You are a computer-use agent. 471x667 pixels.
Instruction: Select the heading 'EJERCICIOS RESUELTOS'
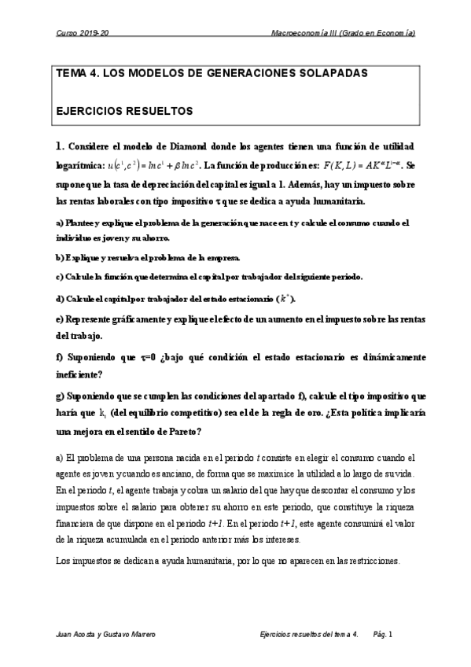pyautogui.click(x=124, y=112)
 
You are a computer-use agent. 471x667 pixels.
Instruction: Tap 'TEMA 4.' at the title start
pyautogui.click(x=78, y=72)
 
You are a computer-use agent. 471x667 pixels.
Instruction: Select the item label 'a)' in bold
pyautogui.click(x=60, y=223)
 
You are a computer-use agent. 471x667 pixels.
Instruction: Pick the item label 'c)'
pyautogui.click(x=60, y=277)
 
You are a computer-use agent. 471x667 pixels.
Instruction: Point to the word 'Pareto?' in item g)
pyautogui.click(x=182, y=431)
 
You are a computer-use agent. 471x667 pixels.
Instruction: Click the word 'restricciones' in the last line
pyautogui.click(x=373, y=561)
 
